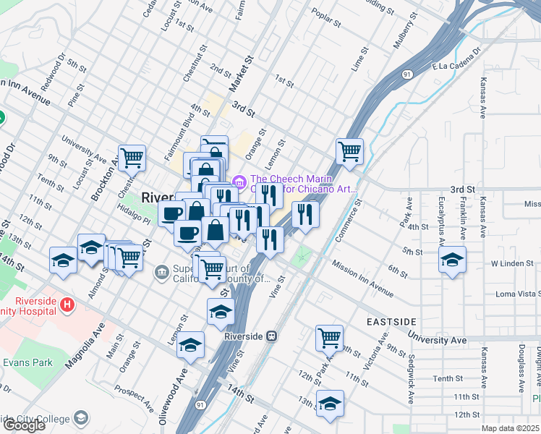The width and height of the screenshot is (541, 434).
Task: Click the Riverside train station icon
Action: click(272, 336)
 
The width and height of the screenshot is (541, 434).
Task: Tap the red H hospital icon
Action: click(67, 305)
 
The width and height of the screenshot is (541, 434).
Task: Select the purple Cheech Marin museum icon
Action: click(239, 181)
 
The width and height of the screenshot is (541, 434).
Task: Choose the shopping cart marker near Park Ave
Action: click(329, 337)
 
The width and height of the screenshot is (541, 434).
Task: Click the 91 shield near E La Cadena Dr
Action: click(408, 74)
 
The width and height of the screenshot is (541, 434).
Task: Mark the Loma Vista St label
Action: click(518, 294)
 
